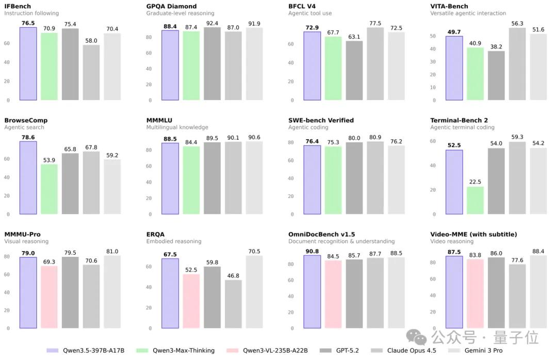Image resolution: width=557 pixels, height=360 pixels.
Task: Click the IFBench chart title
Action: (18, 6)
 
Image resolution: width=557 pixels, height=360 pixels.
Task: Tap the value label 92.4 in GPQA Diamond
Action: (212, 23)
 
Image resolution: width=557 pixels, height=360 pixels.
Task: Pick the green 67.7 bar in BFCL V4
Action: (333, 68)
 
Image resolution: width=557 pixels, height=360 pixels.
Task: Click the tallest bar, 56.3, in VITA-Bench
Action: (517, 64)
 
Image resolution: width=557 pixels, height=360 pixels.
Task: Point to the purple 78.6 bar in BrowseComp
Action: (28, 177)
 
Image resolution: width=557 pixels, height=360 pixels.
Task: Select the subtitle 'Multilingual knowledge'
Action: (177, 127)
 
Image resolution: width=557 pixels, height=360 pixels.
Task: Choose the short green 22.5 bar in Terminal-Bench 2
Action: (476, 200)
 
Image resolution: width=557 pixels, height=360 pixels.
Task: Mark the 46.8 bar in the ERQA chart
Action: (233, 304)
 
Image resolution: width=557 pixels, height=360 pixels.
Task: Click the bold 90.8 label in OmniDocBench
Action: (312, 251)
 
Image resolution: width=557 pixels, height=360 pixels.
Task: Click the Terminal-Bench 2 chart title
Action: (459, 120)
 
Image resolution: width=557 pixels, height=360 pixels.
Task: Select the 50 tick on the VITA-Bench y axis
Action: (433, 37)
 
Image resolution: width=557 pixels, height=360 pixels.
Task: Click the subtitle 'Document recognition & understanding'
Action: (341, 241)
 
